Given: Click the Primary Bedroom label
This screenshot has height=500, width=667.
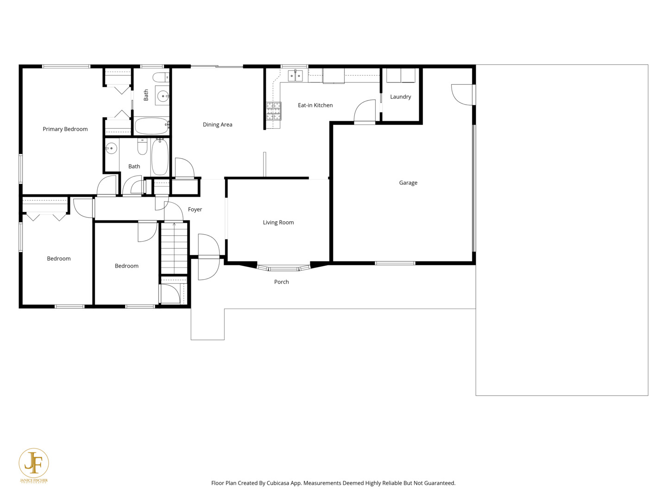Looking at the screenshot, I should point(65,129).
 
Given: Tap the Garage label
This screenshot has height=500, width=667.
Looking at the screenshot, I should point(408,183).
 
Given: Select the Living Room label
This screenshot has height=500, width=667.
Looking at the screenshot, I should point(278,223).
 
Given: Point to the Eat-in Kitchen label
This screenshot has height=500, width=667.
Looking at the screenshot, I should point(315,106).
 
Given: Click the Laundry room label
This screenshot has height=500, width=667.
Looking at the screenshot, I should point(400,97).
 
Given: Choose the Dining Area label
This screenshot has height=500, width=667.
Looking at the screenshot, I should point(217,125).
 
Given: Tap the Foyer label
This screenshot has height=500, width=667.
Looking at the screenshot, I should point(195,210).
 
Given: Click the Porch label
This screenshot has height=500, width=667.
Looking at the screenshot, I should point(281,282).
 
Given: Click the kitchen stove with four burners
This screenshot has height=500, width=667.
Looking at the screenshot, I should point(273,112).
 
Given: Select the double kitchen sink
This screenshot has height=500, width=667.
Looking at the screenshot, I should point(295,75).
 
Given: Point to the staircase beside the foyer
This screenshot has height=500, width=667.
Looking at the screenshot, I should point(174,248).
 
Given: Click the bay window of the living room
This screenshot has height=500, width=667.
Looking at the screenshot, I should point(283,268).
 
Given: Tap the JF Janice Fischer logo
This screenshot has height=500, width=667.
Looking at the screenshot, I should point(33,465).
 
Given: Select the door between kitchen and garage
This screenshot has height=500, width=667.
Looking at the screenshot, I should point(365,112).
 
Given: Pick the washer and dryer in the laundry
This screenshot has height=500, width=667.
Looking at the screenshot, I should point(401,75).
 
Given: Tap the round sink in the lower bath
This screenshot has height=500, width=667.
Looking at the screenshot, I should point(111,149).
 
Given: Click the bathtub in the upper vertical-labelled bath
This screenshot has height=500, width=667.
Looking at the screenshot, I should point(151,125).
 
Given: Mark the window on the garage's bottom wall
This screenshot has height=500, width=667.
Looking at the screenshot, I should point(395,263).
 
